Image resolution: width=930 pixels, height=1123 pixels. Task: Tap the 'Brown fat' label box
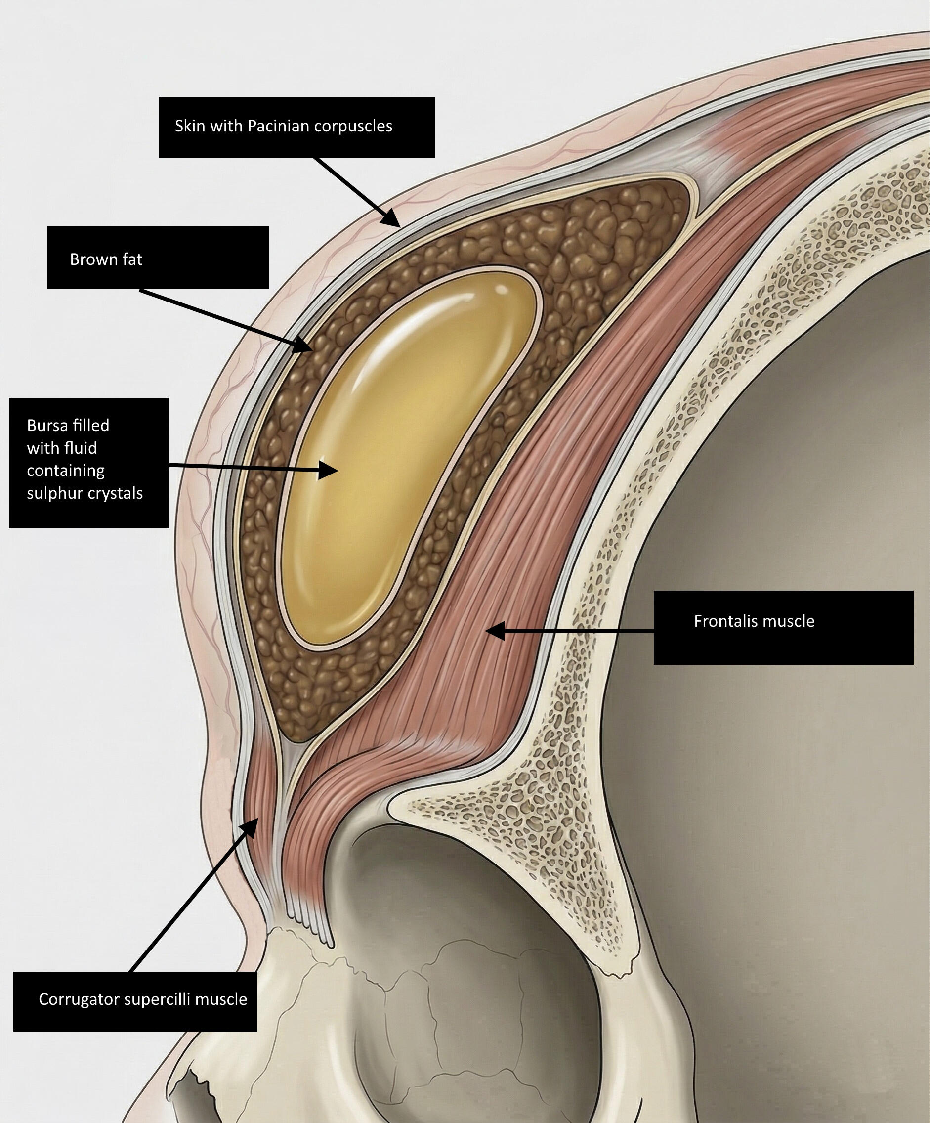[x=158, y=257]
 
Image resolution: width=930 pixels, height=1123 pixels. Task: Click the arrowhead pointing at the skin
[x=392, y=220]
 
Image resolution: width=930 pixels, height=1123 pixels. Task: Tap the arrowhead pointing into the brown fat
[x=303, y=345]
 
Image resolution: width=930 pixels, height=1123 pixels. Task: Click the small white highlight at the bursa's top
[x=502, y=289]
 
